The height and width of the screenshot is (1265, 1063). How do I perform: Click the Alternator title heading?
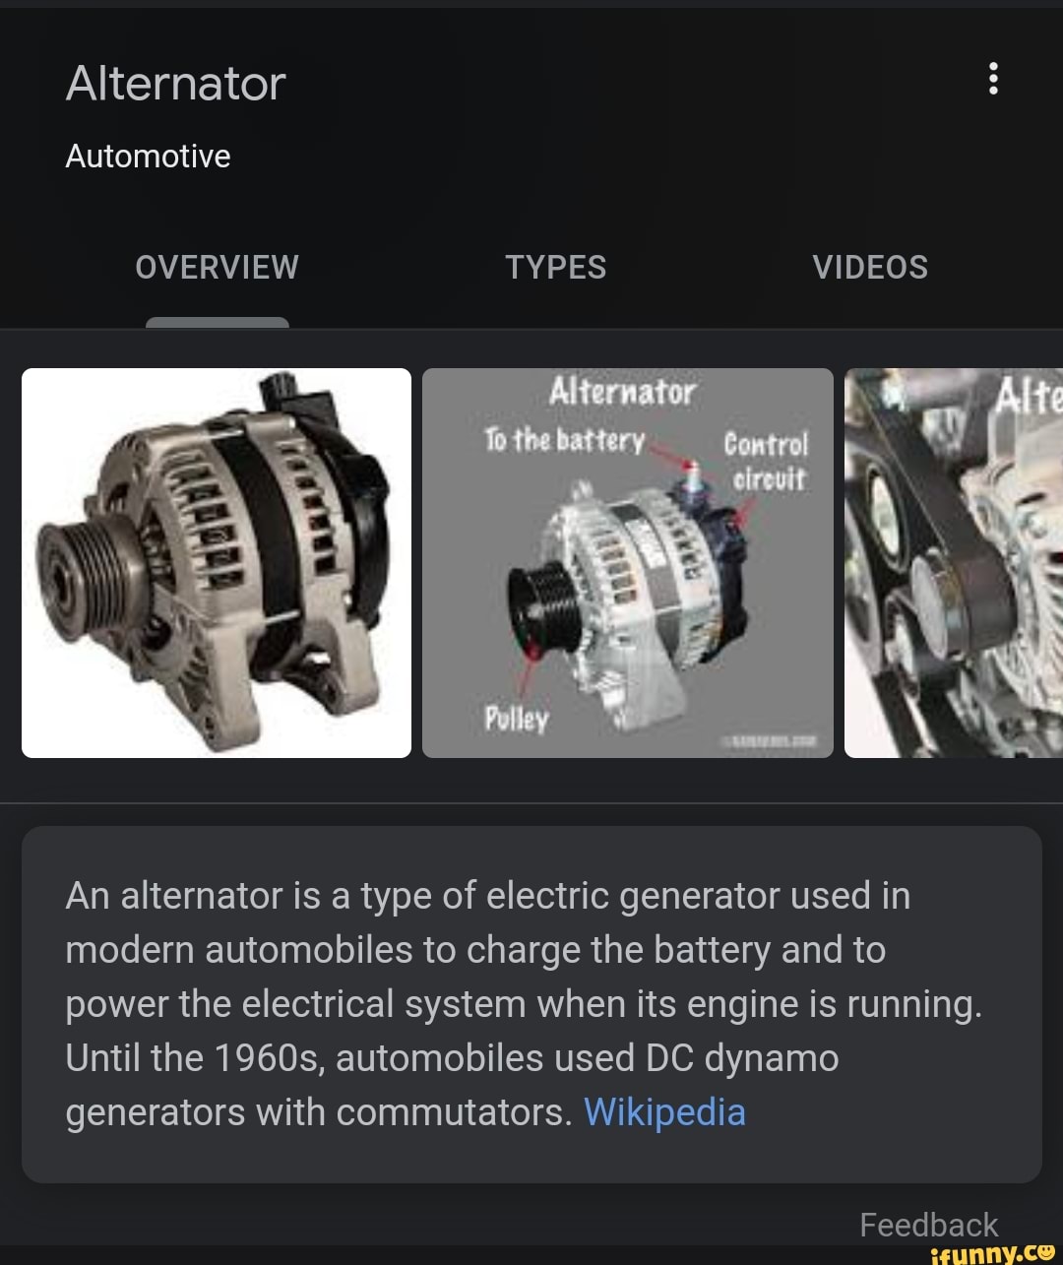click(175, 84)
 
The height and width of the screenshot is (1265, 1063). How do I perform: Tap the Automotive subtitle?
click(148, 156)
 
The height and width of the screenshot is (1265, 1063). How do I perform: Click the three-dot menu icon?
click(993, 78)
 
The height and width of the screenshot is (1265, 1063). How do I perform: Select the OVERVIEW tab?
click(217, 267)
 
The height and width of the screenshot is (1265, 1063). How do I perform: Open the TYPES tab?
click(555, 267)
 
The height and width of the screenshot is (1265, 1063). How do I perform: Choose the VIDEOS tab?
click(870, 267)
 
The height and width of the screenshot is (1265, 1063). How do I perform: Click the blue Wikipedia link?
click(664, 1112)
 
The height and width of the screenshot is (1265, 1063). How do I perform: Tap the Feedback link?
click(928, 1225)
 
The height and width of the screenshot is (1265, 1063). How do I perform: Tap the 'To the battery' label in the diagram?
click(564, 440)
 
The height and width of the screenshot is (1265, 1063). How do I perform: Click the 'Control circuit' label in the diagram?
click(766, 462)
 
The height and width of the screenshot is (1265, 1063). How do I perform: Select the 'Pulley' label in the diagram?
click(516, 719)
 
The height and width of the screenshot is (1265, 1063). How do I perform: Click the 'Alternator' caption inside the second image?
click(622, 392)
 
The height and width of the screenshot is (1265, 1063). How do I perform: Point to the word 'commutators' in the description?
click(453, 1112)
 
